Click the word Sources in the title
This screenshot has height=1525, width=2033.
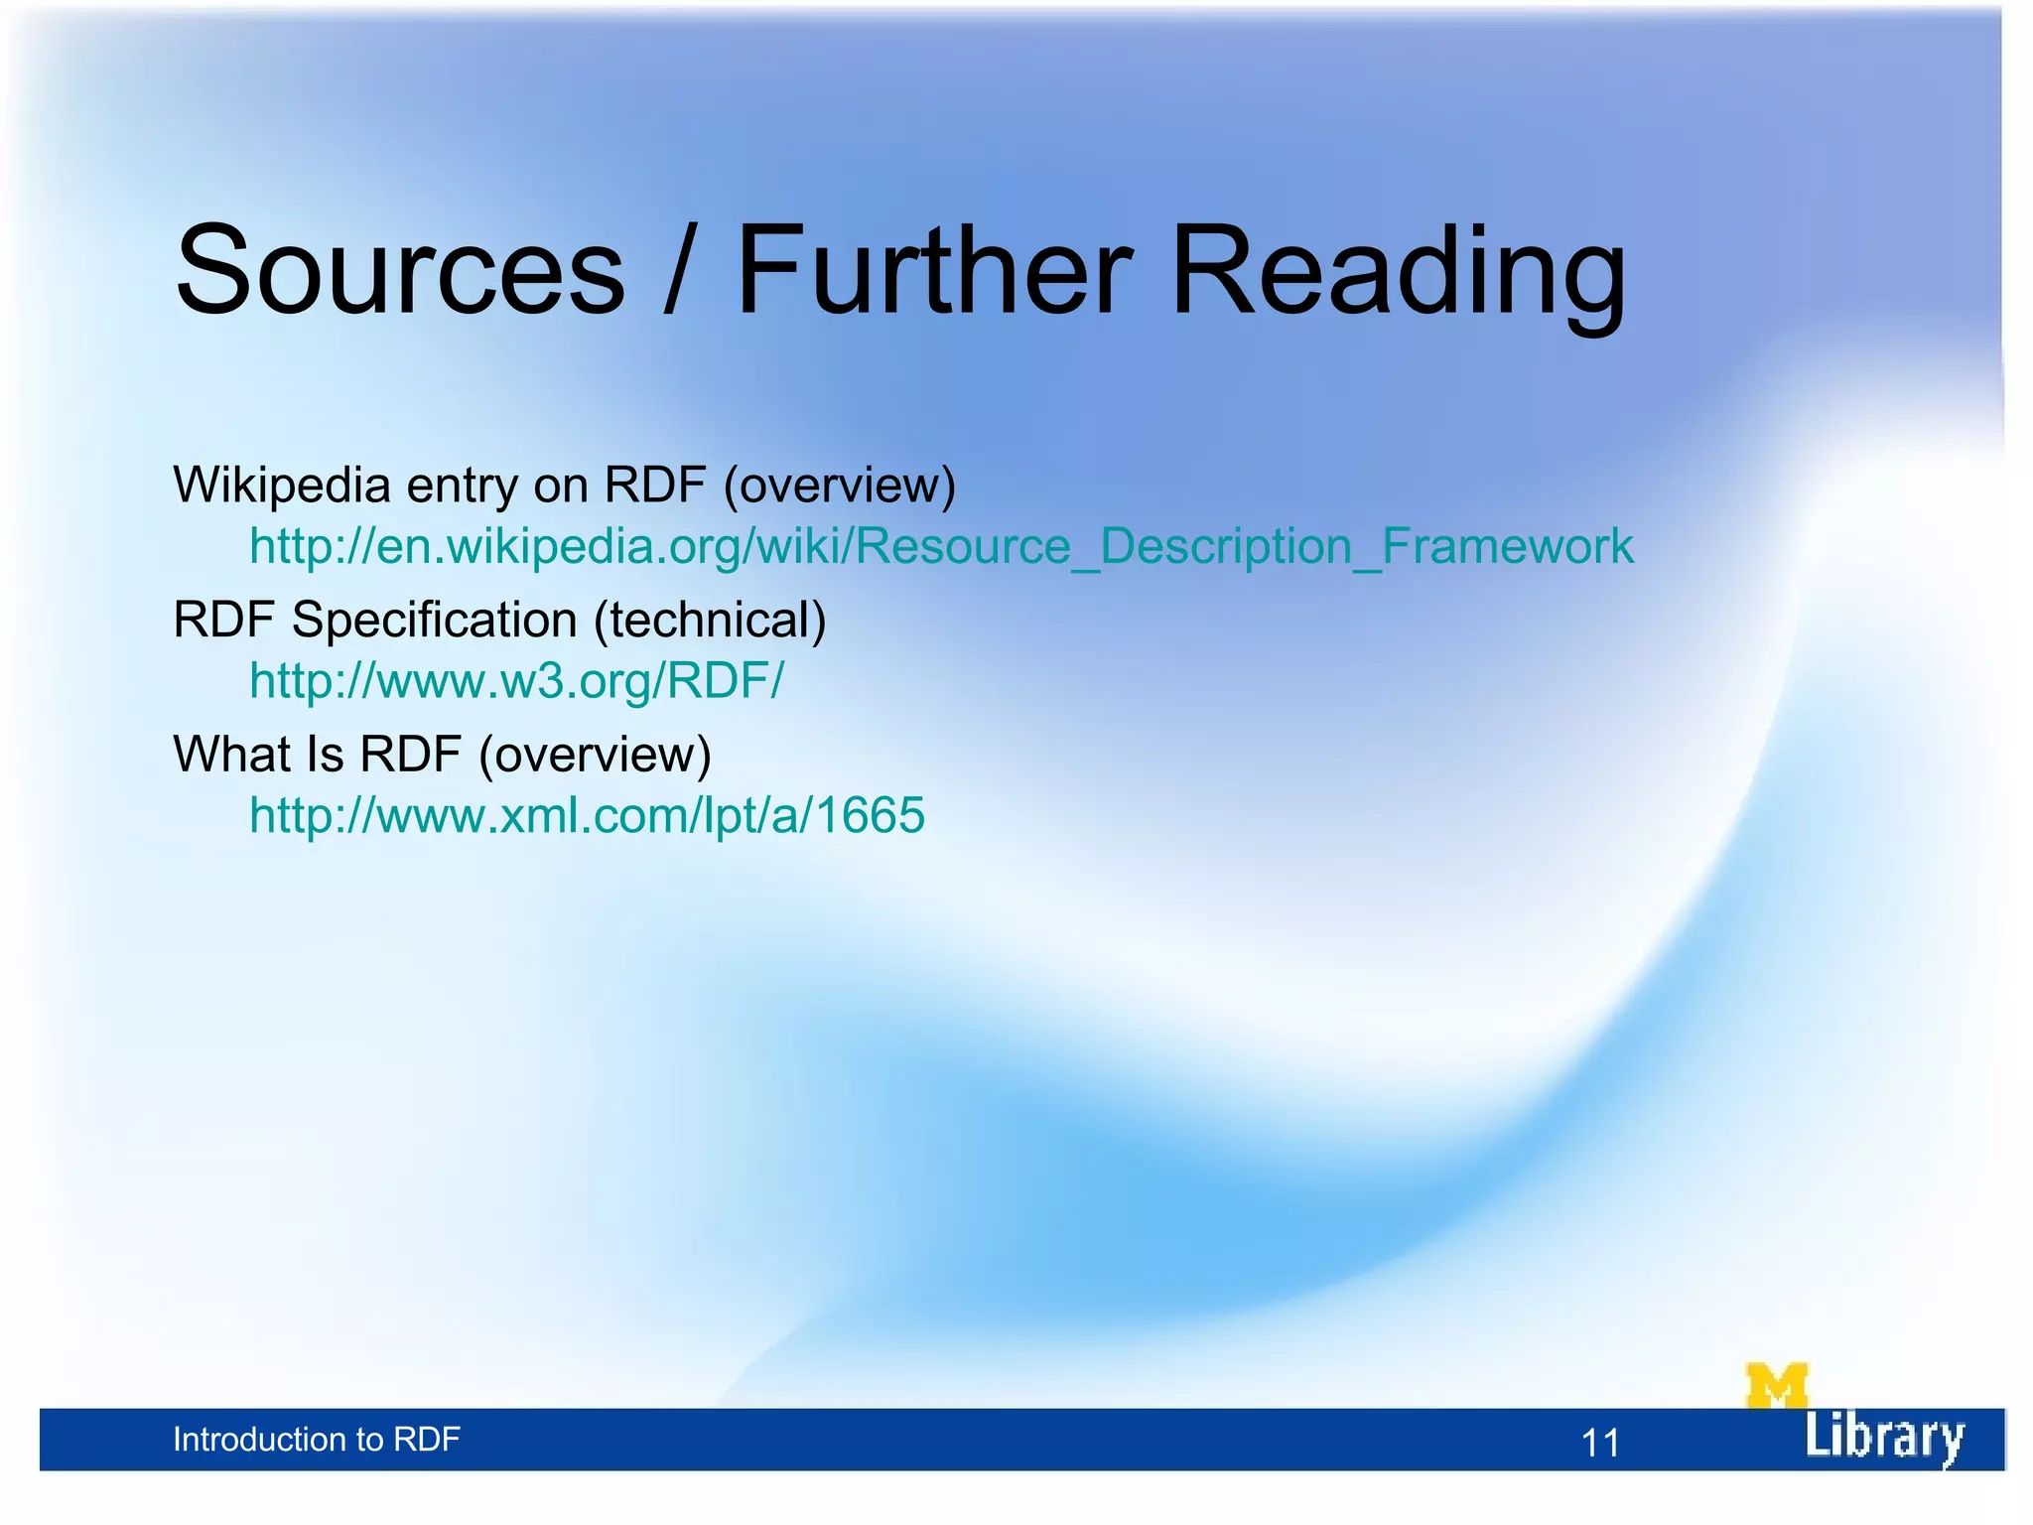(400, 270)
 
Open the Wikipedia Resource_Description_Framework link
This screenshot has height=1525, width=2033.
(940, 546)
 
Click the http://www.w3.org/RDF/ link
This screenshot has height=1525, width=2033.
(516, 681)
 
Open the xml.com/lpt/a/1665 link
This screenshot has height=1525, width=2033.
(587, 815)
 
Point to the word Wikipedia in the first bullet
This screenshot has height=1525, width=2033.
(282, 486)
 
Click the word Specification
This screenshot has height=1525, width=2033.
(435, 621)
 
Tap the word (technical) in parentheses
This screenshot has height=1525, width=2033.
(710, 621)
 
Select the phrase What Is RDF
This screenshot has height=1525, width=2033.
(318, 755)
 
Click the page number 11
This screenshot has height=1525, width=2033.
(1599, 1443)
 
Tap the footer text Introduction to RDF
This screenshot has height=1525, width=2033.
(316, 1440)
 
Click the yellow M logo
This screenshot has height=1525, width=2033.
(1776, 1386)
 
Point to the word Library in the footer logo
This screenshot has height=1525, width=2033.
(1883, 1437)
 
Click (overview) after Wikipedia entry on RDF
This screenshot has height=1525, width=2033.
(840, 486)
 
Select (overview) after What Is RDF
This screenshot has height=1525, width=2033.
(595, 755)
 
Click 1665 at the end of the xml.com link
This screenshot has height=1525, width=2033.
(871, 815)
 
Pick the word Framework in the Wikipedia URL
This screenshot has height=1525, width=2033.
(1508, 546)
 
